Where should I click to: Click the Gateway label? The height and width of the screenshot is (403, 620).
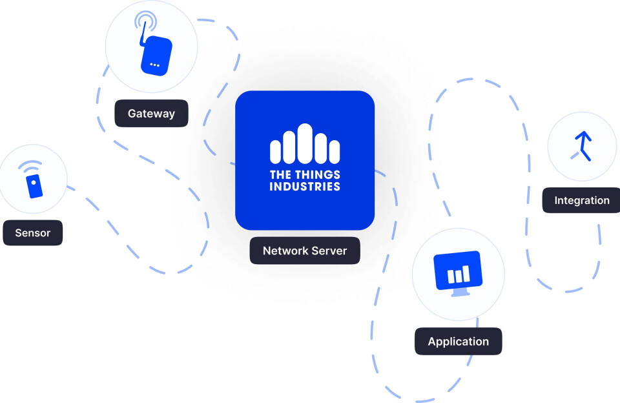[x=151, y=114]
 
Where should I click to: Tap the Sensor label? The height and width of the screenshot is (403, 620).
[x=33, y=232]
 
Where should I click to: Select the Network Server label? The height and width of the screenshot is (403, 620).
[x=305, y=251]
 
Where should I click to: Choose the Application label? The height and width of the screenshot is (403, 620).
[x=458, y=342]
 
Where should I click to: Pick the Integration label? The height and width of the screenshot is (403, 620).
[x=581, y=200]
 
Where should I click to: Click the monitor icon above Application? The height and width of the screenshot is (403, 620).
[x=458, y=269]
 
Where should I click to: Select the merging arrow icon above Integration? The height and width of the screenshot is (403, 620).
[x=583, y=146]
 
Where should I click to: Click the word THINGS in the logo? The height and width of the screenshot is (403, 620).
[x=316, y=175]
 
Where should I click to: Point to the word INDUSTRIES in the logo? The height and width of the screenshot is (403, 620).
[x=305, y=187]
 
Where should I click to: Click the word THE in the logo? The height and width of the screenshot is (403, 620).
[x=281, y=175]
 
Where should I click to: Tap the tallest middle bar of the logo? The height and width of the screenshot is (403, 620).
[x=305, y=143]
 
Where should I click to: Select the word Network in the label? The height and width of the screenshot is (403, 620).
[x=284, y=251]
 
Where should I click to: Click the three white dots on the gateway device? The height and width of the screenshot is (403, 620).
[x=154, y=65]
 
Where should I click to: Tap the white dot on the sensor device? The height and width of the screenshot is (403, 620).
[x=34, y=183]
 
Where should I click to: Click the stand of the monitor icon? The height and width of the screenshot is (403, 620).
[x=459, y=292]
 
